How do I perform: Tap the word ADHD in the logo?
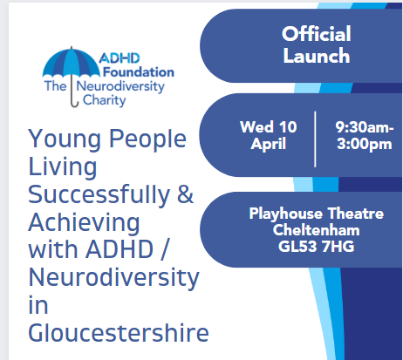click(x=120, y=58)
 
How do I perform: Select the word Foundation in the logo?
click(x=139, y=72)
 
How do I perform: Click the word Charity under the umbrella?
click(x=105, y=100)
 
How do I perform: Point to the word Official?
click(x=317, y=34)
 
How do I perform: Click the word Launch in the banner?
click(x=317, y=56)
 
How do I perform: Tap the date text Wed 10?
click(x=269, y=127)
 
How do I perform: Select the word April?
click(x=269, y=144)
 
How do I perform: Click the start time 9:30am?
click(x=365, y=127)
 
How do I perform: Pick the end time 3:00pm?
click(x=365, y=144)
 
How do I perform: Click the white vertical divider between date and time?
click(x=315, y=139)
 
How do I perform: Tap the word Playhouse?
click(x=286, y=214)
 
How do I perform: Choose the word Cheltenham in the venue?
click(x=317, y=230)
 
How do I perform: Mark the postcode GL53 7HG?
click(x=317, y=247)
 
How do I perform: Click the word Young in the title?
click(x=65, y=139)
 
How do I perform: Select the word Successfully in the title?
click(x=99, y=194)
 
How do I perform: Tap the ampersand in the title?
click(x=185, y=194)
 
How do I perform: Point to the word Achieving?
click(x=85, y=223)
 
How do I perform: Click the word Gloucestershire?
click(x=119, y=333)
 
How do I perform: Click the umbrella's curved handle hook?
click(x=75, y=104)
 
